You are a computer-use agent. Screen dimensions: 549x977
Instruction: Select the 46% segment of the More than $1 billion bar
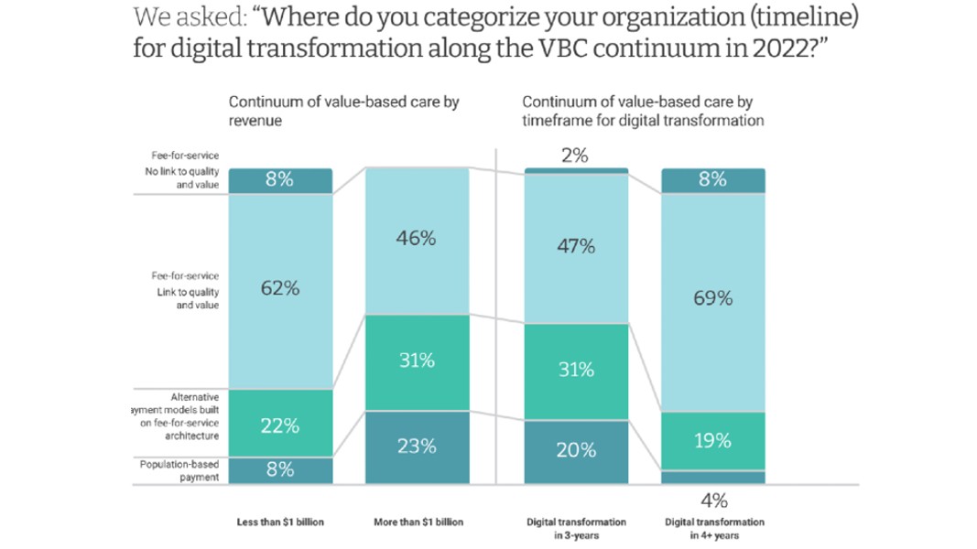click(x=417, y=241)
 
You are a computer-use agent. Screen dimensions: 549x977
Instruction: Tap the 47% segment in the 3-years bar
click(x=576, y=247)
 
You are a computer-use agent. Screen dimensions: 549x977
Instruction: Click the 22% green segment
click(x=280, y=424)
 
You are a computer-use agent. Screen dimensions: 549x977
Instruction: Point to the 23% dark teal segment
click(x=417, y=447)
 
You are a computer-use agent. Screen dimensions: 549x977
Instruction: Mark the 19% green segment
click(x=712, y=441)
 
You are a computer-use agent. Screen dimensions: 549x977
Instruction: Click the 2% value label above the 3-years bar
click(x=575, y=156)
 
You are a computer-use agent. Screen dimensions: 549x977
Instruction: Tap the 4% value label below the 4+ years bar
click(x=713, y=500)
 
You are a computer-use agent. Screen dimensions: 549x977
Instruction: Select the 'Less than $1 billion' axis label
click(x=280, y=522)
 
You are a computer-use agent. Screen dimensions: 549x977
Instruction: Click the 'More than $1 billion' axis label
click(x=418, y=522)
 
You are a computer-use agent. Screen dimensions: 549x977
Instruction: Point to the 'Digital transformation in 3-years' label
click(x=576, y=528)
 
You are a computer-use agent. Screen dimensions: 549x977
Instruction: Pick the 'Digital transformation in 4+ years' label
click(x=713, y=528)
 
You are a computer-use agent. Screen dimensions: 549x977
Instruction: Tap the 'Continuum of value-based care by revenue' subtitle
click(x=343, y=111)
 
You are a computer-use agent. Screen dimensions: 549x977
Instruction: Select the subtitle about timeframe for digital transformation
click(x=643, y=111)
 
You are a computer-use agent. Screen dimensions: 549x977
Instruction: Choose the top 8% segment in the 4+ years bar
click(x=712, y=180)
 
